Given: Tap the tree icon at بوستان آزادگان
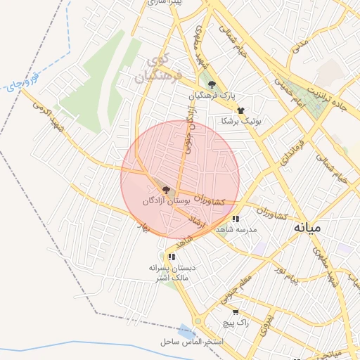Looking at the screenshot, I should pyautogui.click(x=165, y=189).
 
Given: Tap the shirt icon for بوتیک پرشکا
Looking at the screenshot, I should pyautogui.click(x=240, y=110).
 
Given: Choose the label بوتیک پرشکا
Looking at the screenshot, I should pyautogui.click(x=241, y=121).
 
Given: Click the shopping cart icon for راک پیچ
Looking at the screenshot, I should pyautogui.click(x=235, y=312).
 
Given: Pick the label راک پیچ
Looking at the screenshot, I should pyautogui.click(x=235, y=322).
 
